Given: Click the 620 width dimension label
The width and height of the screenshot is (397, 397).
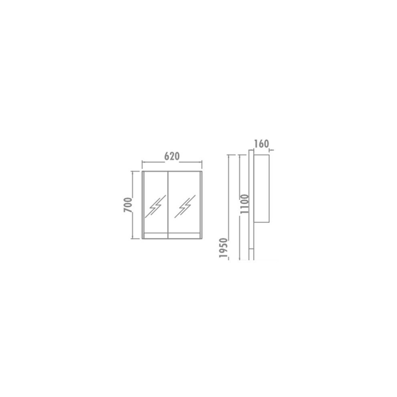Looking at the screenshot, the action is click(x=172, y=156).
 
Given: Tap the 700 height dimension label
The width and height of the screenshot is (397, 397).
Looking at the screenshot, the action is click(x=128, y=205).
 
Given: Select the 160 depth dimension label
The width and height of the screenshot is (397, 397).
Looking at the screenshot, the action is click(x=261, y=144).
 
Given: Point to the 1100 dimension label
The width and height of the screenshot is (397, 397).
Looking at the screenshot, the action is click(x=245, y=204).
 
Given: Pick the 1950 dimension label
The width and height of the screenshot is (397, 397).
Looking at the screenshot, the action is click(x=224, y=248).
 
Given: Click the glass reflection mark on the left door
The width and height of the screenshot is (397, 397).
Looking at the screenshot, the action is click(x=155, y=207).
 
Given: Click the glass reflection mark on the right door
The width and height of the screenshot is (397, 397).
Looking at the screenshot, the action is click(x=185, y=207).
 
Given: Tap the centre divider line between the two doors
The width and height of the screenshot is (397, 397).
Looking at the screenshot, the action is click(x=168, y=205).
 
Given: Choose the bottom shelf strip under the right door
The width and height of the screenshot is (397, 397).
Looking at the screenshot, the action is click(x=184, y=235).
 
